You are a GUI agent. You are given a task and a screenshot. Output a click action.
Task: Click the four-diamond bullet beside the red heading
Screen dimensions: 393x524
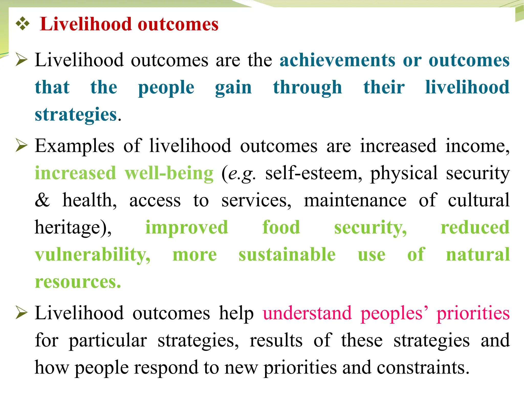[x=23, y=24]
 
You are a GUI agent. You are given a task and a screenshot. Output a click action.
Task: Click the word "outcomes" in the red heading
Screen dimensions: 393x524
[x=178, y=24]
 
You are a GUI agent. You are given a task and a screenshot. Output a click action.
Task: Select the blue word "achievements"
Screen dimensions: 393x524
[x=337, y=60]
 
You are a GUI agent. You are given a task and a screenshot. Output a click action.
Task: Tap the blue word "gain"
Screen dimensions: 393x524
[x=233, y=88]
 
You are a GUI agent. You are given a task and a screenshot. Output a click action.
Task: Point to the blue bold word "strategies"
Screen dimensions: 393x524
[x=76, y=115]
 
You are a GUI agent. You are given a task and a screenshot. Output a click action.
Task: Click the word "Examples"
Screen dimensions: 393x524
[x=74, y=146]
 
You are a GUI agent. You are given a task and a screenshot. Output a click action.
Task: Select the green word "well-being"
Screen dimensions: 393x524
[x=169, y=173]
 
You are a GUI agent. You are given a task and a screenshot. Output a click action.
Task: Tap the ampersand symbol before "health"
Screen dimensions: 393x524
[x=42, y=200]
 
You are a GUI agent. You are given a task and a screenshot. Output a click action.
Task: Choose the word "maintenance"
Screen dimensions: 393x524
[x=355, y=200]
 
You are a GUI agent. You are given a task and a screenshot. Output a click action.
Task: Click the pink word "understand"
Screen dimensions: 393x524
[x=307, y=313]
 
